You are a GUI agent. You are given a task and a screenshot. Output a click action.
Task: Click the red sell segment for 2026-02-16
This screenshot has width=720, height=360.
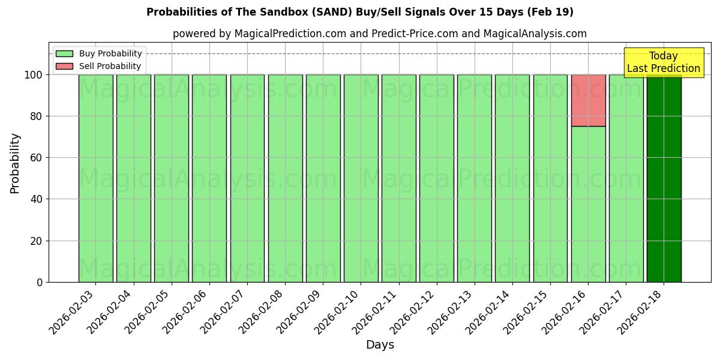[588, 100]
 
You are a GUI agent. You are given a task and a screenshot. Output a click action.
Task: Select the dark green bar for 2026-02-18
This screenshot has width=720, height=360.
[664, 178]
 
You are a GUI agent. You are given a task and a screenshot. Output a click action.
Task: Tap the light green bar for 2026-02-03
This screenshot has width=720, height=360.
[95, 178]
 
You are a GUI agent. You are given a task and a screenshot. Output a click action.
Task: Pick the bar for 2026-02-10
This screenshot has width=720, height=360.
[361, 178]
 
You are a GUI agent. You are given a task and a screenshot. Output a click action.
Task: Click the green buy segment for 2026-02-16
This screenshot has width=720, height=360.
[588, 204]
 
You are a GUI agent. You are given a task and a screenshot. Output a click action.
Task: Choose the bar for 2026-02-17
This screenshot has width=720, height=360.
[626, 178]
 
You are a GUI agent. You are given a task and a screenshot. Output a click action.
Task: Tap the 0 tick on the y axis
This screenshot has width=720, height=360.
[40, 282]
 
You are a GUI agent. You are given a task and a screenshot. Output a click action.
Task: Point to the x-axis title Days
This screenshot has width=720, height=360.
[380, 345]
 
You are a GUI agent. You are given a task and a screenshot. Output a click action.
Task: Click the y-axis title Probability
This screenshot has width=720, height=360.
[15, 163]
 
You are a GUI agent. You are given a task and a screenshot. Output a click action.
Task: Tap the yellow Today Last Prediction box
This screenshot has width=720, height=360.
[663, 62]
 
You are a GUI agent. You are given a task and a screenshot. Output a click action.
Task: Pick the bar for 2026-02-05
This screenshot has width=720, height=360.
[171, 178]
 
